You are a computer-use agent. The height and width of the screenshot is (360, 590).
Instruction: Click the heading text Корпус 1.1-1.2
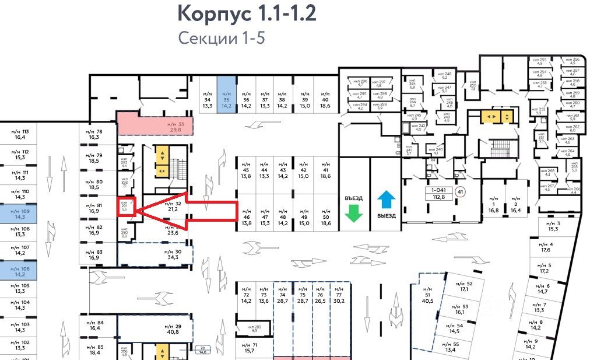(247, 13)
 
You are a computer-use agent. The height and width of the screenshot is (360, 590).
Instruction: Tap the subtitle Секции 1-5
(222, 39)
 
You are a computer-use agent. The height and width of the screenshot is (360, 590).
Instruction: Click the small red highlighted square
(127, 208)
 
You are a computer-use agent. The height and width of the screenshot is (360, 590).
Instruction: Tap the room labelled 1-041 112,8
(442, 193)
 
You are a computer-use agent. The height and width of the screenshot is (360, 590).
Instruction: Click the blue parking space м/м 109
(20, 213)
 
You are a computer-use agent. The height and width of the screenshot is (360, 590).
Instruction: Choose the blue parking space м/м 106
(20, 270)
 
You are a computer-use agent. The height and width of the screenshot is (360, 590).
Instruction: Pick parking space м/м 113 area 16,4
(20, 135)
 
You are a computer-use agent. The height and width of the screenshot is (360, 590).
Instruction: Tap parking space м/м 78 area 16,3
(95, 134)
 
